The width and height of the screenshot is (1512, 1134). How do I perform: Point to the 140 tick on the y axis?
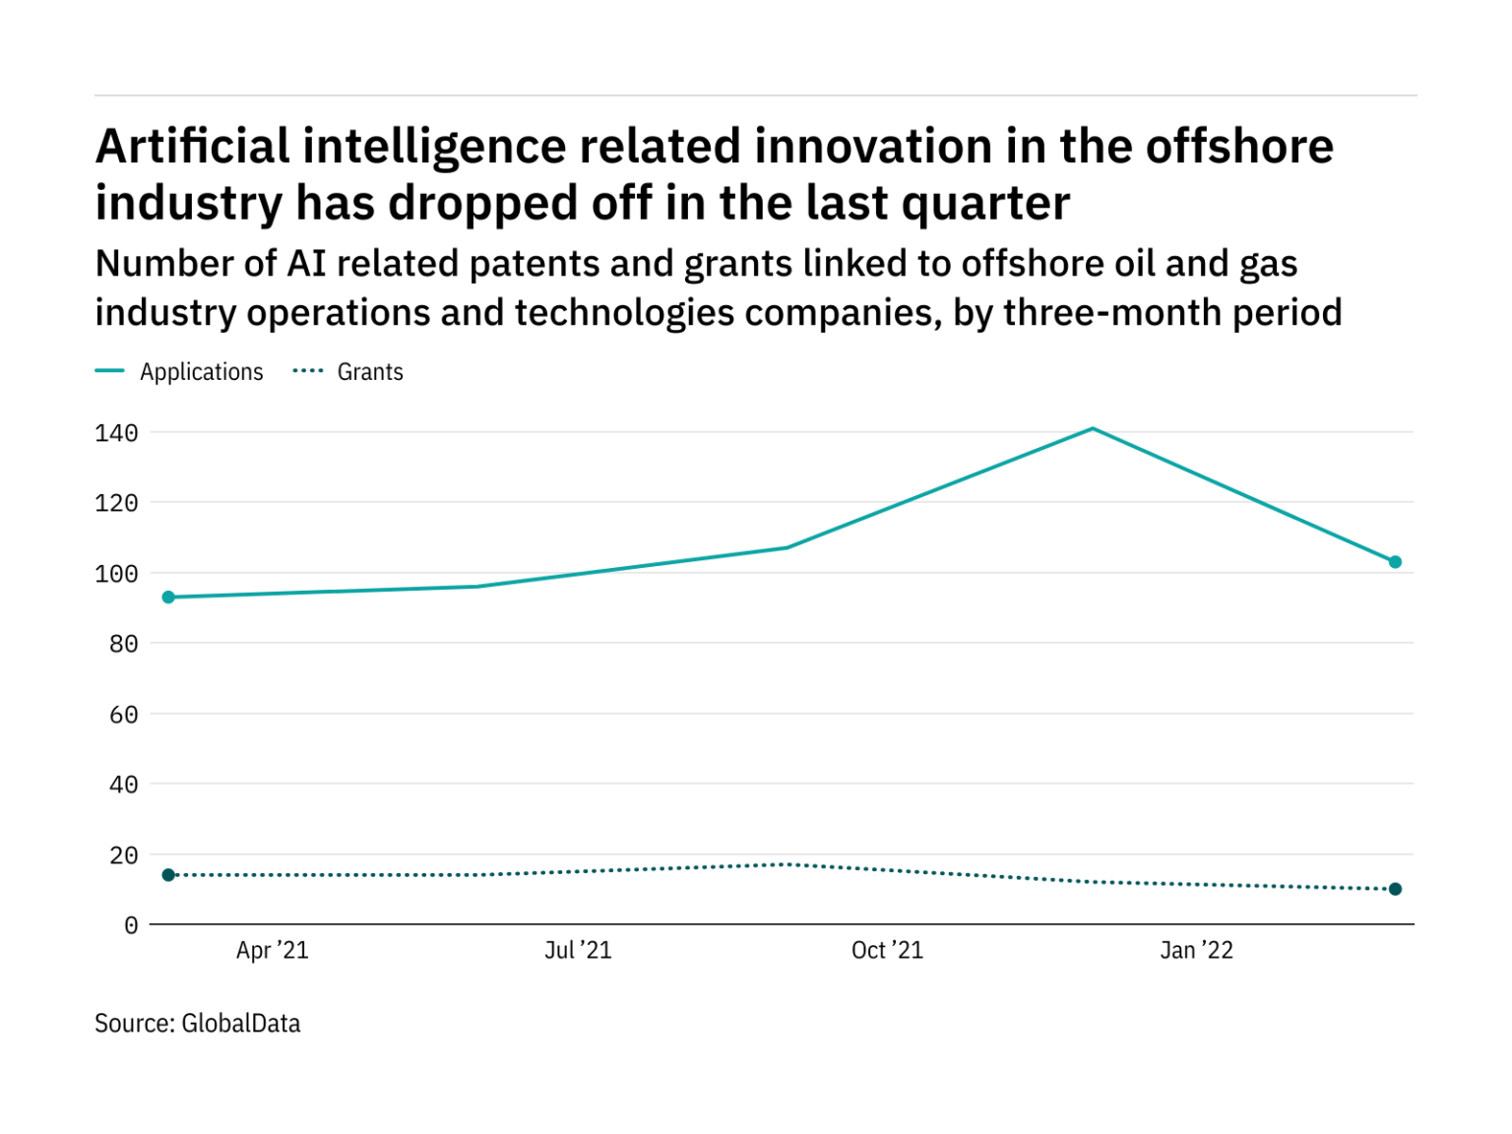coord(116,433)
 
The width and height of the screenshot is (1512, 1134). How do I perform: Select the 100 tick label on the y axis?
coord(116,574)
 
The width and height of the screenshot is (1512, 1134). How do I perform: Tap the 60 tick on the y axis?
coord(123,715)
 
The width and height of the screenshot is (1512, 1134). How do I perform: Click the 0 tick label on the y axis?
coord(131,925)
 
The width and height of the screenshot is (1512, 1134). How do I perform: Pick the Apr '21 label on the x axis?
coord(273,950)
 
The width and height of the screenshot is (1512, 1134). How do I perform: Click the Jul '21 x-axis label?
coord(578,950)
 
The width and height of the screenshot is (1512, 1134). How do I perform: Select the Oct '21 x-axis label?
coord(887,950)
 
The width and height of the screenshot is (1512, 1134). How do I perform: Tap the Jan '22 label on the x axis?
coord(1196,950)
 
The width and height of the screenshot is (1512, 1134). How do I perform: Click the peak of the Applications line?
coord(1093,428)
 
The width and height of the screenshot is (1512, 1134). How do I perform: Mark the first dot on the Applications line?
coord(168,598)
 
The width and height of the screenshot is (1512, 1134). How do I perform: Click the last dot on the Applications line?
coord(1395,562)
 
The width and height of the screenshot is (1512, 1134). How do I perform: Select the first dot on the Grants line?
coord(168,875)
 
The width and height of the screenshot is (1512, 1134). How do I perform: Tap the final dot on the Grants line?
coord(1395,889)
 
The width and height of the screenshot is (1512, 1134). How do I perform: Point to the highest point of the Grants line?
coord(787,864)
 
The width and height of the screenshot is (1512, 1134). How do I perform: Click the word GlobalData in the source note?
coord(241,1024)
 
